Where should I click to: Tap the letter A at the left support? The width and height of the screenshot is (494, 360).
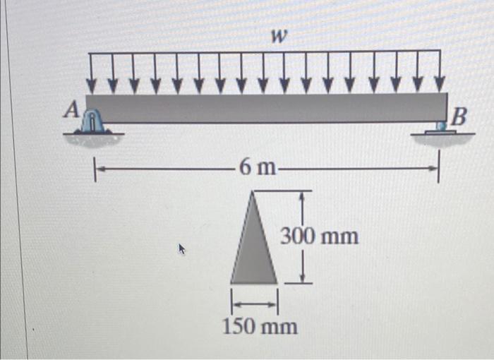71,109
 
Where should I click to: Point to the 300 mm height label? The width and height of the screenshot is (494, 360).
320,236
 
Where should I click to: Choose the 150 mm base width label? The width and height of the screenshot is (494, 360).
260,327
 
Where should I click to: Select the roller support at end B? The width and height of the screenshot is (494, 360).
440,127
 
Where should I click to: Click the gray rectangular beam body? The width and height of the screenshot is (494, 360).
268,107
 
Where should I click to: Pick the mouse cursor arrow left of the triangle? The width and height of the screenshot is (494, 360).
182,248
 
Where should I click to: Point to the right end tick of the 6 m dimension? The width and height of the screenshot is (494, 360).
438,169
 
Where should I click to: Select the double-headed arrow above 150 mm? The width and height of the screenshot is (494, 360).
254,302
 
